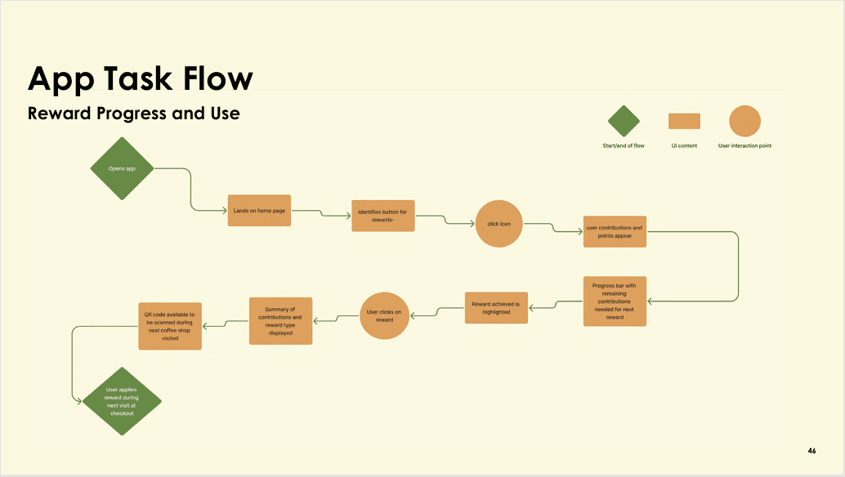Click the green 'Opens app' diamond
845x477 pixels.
pyautogui.click(x=122, y=168)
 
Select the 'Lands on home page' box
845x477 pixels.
pyautogui.click(x=259, y=211)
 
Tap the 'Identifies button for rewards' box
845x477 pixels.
pyautogui.click(x=382, y=216)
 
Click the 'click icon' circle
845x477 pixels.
pyautogui.click(x=499, y=223)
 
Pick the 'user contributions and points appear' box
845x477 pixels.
pyautogui.click(x=614, y=231)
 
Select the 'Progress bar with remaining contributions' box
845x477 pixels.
pyautogui.click(x=615, y=301)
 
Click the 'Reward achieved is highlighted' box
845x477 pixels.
pyautogui.click(x=496, y=308)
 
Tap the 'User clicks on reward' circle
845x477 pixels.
pyautogui.click(x=384, y=315)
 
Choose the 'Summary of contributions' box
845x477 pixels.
pyautogui.click(x=280, y=321)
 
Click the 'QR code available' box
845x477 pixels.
pyautogui.click(x=170, y=326)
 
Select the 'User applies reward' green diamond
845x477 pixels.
pyautogui.click(x=122, y=401)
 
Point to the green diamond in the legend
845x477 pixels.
pyautogui.click(x=624, y=121)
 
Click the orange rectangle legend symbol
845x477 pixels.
pyautogui.click(x=684, y=121)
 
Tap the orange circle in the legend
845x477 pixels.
pyautogui.click(x=744, y=121)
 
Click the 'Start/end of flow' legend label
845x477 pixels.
pyautogui.click(x=624, y=146)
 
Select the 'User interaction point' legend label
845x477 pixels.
pyautogui.click(x=744, y=146)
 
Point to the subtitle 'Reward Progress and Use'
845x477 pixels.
pyautogui.click(x=134, y=114)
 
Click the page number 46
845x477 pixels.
pyautogui.click(x=811, y=451)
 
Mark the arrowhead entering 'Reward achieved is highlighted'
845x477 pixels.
pyautogui.click(x=532, y=308)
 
